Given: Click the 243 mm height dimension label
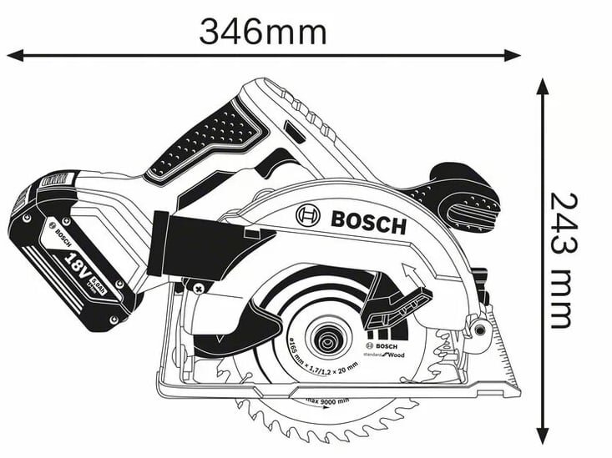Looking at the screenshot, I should pos(560,260).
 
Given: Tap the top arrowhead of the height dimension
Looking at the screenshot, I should pos(543,86).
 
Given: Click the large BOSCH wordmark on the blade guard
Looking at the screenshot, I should pos(367,222).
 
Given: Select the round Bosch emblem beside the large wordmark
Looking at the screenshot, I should pos(307,216).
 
